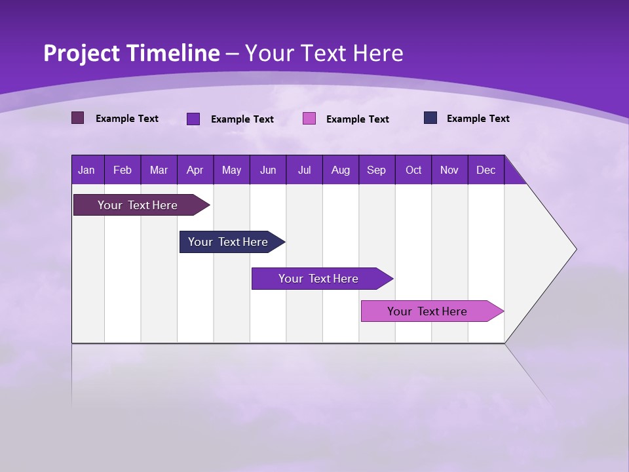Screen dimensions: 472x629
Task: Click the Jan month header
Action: pyautogui.click(x=87, y=170)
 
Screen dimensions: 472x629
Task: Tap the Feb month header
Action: pyautogui.click(x=123, y=170)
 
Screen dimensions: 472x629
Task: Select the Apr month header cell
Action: pyautogui.click(x=195, y=170)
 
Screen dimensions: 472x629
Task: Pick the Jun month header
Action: pyautogui.click(x=268, y=170)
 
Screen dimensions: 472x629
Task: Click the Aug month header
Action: pyautogui.click(x=341, y=170)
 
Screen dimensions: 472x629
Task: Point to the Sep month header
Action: pyautogui.click(x=377, y=170)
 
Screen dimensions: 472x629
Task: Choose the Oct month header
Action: pyautogui.click(x=413, y=170)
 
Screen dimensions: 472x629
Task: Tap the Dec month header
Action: pyautogui.click(x=486, y=170)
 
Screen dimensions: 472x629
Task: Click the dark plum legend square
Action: pyautogui.click(x=77, y=118)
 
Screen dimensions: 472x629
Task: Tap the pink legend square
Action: pyautogui.click(x=309, y=119)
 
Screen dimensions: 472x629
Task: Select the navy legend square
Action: pyautogui.click(x=430, y=118)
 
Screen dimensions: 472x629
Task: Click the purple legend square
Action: pyautogui.click(x=193, y=119)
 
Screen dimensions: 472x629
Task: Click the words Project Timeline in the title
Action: pyautogui.click(x=131, y=53)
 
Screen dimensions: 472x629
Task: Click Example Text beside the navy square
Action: pyautogui.click(x=478, y=119)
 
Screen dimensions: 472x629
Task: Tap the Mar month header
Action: pyautogui.click(x=159, y=170)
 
